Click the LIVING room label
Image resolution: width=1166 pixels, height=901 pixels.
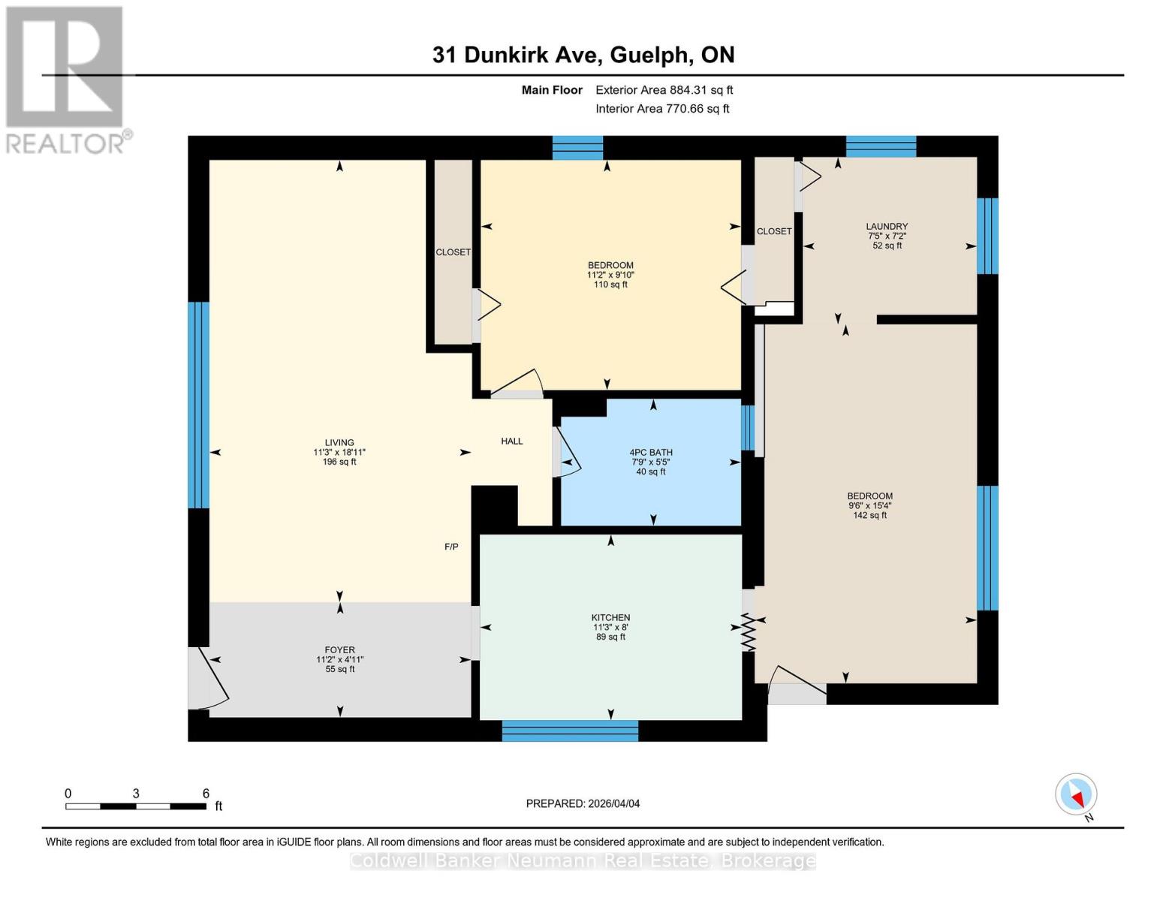pyautogui.click(x=339, y=443)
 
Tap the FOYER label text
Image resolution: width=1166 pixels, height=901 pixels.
pyautogui.click(x=340, y=650)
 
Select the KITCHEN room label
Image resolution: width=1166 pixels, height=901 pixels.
pyautogui.click(x=610, y=618)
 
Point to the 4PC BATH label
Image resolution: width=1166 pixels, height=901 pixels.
pyautogui.click(x=651, y=453)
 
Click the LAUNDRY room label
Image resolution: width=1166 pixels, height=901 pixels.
pyautogui.click(x=887, y=227)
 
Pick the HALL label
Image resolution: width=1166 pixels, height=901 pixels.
pyautogui.click(x=512, y=441)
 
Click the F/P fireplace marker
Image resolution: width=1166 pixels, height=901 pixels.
pyautogui.click(x=451, y=547)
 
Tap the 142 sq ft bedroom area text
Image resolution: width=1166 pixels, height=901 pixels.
pyautogui.click(x=869, y=516)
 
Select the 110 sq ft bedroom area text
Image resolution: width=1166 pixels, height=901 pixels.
pyautogui.click(x=610, y=285)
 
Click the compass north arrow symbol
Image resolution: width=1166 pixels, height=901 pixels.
pyautogui.click(x=1077, y=794)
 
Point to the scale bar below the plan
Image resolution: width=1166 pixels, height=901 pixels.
pyautogui.click(x=136, y=806)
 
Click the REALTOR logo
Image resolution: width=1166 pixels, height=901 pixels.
pyautogui.click(x=65, y=79)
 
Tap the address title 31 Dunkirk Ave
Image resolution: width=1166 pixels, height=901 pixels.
pyautogui.click(x=583, y=55)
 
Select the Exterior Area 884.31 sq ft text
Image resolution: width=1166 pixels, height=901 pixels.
pyautogui.click(x=664, y=90)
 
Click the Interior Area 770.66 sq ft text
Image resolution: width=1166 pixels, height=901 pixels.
pyautogui.click(x=662, y=109)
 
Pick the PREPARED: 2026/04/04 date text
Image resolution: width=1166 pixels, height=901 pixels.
pyautogui.click(x=583, y=804)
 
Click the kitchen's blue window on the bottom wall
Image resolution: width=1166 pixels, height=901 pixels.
pyautogui.click(x=570, y=731)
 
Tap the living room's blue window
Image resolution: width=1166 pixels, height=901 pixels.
pyautogui.click(x=198, y=405)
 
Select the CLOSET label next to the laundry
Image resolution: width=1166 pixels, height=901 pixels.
pyautogui.click(x=774, y=231)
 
